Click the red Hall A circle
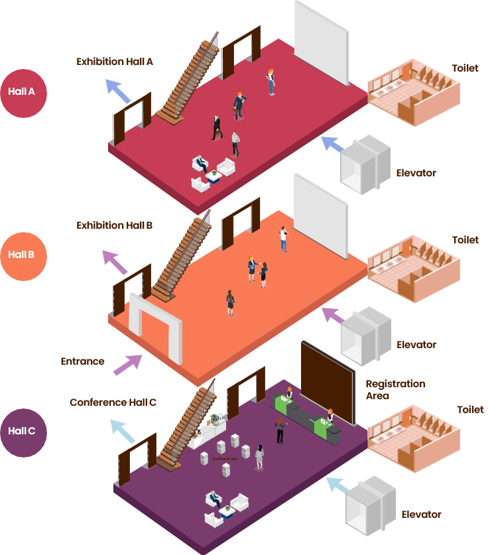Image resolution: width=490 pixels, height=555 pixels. click(x=23, y=92)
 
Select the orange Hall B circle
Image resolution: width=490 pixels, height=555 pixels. click(x=23, y=255)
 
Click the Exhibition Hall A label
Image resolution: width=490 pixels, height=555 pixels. click(x=115, y=62)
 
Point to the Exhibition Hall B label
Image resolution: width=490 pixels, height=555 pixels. click(x=115, y=225)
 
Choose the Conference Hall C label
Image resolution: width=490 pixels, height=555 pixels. click(x=113, y=402)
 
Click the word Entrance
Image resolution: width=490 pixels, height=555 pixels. click(x=82, y=361)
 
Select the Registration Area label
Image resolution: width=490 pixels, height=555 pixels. click(x=395, y=390)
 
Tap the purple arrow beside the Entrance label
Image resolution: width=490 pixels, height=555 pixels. click(x=128, y=364)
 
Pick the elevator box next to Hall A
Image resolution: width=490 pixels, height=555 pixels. click(x=365, y=164)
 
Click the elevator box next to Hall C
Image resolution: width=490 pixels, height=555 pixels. click(x=370, y=505)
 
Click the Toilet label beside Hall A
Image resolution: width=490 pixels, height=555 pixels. click(x=465, y=68)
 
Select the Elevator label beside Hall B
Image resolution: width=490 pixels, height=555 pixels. click(x=416, y=345)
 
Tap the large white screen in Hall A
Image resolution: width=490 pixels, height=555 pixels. click(x=321, y=41)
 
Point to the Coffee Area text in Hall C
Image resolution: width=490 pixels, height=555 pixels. click(x=224, y=458)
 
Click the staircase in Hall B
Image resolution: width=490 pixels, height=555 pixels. click(x=179, y=259)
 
